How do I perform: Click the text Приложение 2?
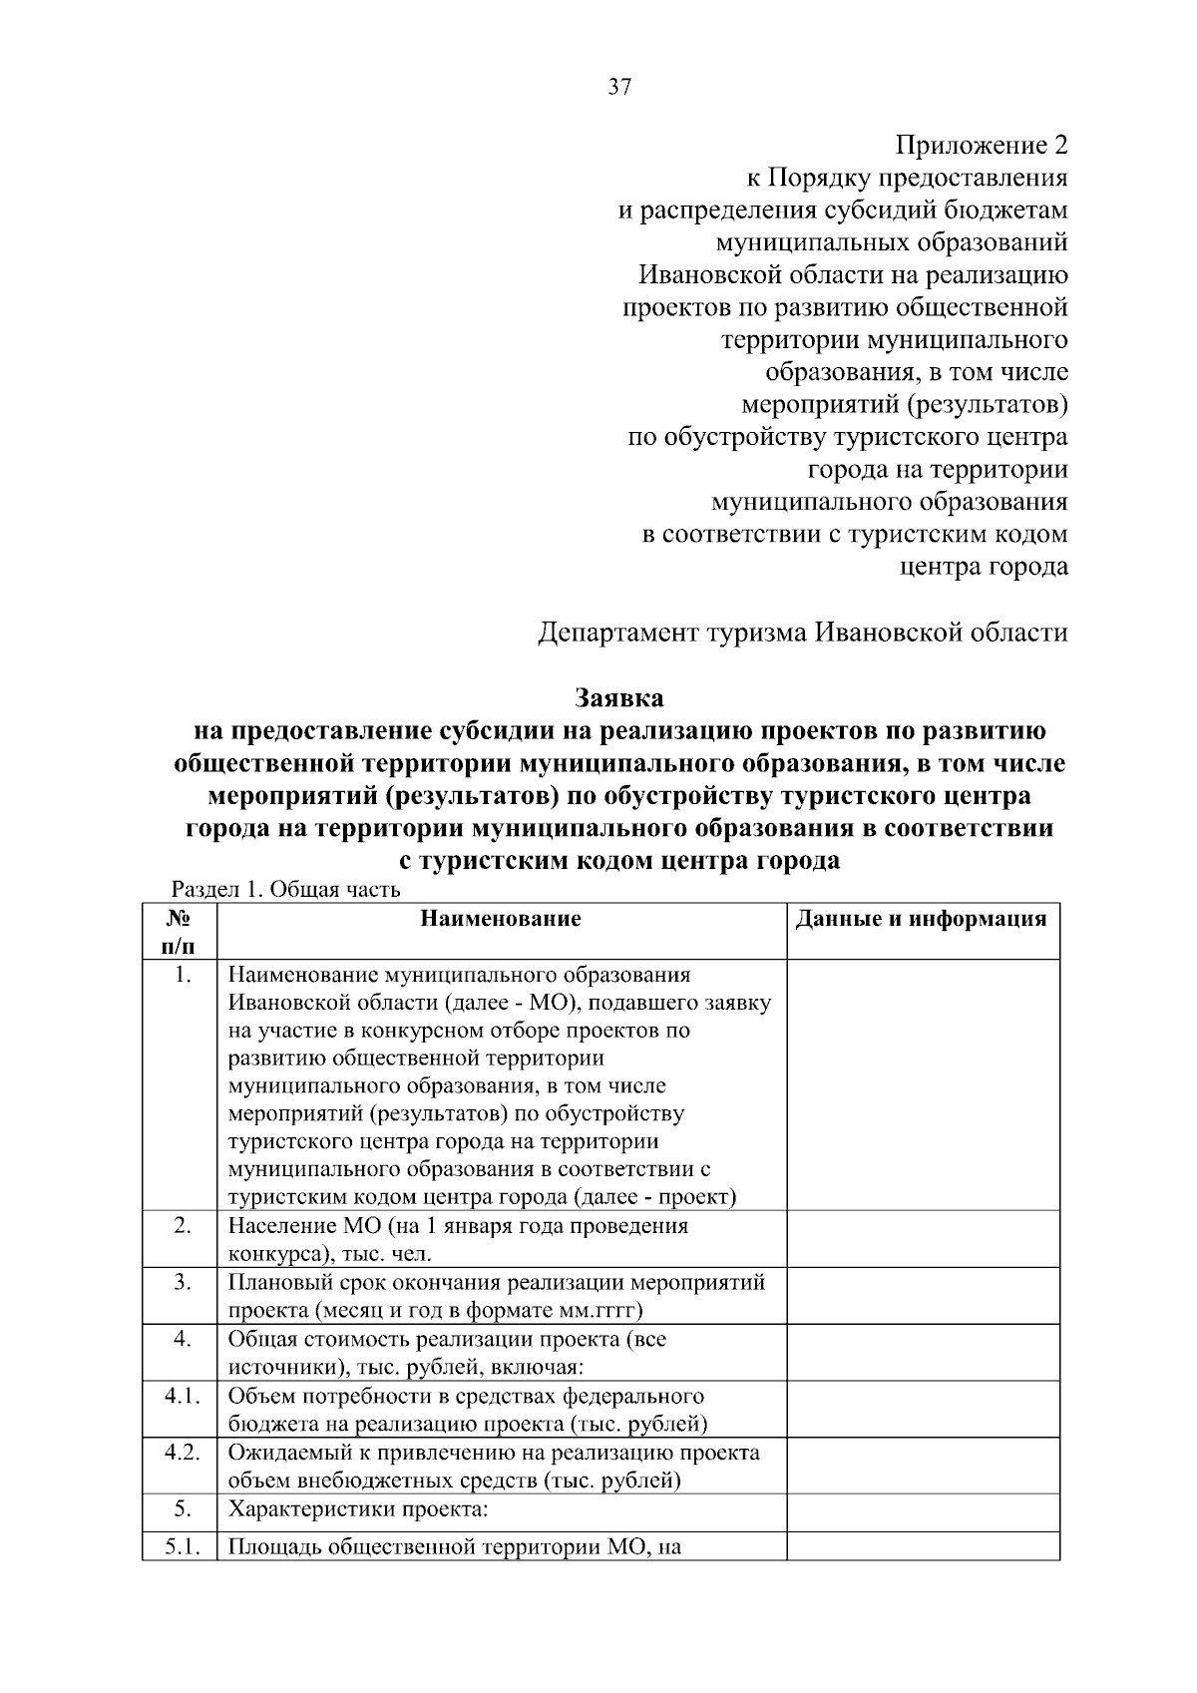tap(982, 146)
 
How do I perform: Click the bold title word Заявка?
tap(618, 697)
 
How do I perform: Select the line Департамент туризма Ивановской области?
tap(803, 633)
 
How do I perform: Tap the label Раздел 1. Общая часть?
tap(286, 890)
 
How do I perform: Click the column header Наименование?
tap(501, 919)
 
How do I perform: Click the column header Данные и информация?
tap(922, 919)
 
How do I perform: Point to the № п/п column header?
tap(180, 931)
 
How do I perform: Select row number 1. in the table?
tap(182, 975)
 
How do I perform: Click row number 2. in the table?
tap(182, 1225)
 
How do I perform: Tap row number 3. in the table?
tap(182, 1282)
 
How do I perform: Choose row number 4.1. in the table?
tap(183, 1396)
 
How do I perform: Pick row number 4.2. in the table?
tap(183, 1452)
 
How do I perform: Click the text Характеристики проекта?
tap(358, 1508)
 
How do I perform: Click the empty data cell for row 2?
tap(923, 1239)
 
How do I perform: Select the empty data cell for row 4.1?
tap(923, 1409)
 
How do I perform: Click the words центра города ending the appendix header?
tap(984, 568)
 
